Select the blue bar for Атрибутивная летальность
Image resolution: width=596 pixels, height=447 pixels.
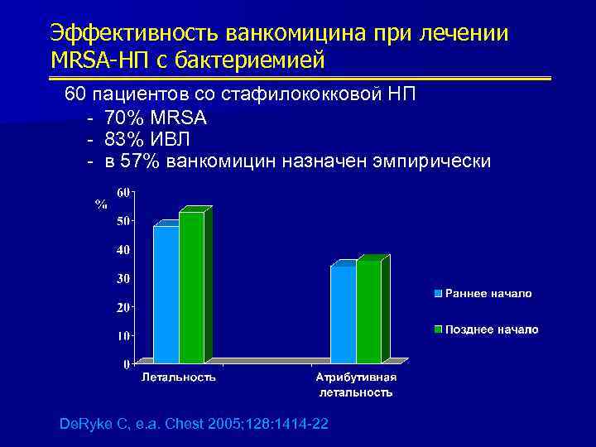tap(344, 314)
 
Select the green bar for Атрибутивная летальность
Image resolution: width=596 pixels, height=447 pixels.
tap(369, 311)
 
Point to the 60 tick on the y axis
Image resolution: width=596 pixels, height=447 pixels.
tap(122, 192)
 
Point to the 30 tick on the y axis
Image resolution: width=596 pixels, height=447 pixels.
tap(122, 278)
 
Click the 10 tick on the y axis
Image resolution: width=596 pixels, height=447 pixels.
tap(122, 335)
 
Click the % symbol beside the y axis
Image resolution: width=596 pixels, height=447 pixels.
tap(101, 204)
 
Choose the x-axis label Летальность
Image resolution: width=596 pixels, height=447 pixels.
tap(179, 377)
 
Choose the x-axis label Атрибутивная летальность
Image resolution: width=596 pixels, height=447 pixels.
tap(356, 385)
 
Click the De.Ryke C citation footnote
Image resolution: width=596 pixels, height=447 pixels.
tap(194, 424)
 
